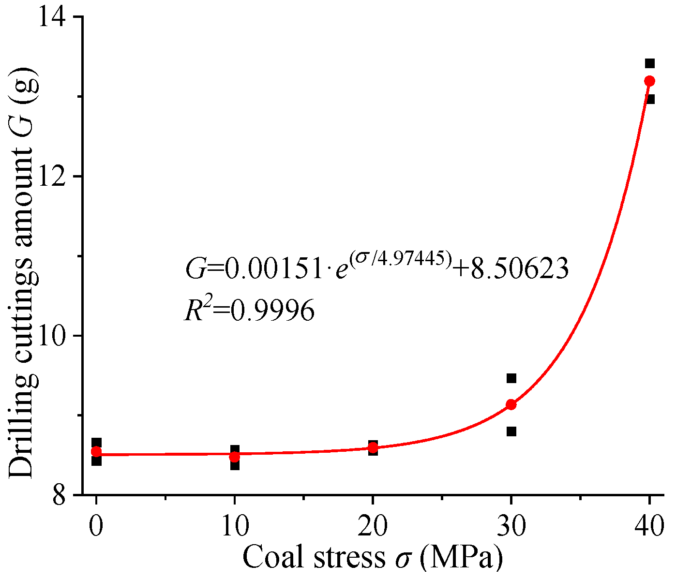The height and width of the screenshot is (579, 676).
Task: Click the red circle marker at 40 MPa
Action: (650, 81)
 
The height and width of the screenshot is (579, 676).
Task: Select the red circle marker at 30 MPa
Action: (511, 404)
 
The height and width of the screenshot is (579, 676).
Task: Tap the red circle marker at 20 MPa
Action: (373, 448)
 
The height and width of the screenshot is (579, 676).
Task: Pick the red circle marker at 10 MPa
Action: (234, 457)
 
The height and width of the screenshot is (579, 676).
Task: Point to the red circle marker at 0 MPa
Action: (96, 452)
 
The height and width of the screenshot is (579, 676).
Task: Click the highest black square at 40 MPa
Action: (650, 63)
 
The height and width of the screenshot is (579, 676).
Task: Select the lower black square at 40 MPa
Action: (650, 99)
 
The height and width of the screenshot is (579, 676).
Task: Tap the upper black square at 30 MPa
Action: (511, 378)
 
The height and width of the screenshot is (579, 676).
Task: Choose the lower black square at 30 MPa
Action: (511, 431)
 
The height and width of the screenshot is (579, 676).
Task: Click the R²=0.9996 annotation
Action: (250, 310)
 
